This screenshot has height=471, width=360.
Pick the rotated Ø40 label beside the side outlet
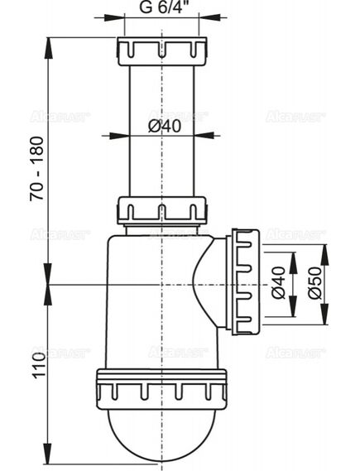click(x=279, y=283)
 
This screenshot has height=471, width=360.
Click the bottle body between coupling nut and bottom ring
click(x=149, y=315)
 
